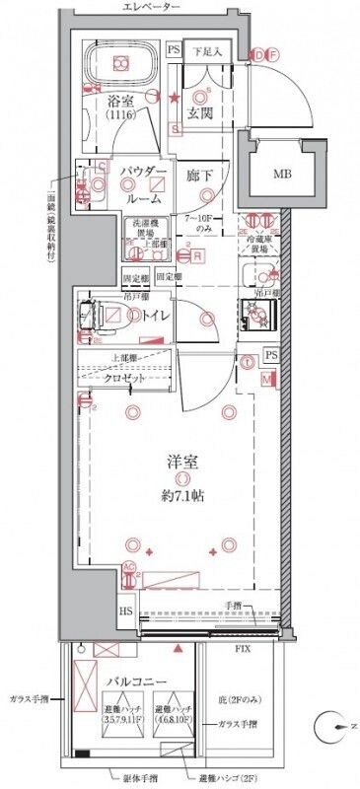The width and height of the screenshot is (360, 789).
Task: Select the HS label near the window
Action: click(x=127, y=611)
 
